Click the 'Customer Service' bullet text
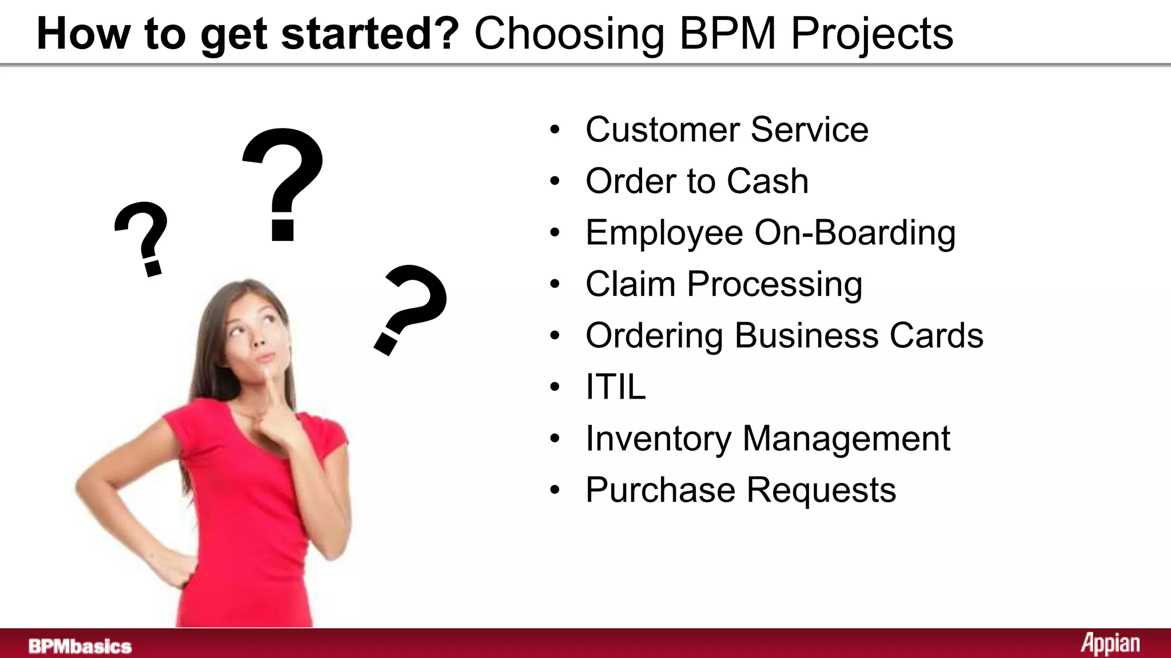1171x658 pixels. click(x=727, y=130)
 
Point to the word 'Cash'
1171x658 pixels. click(x=767, y=182)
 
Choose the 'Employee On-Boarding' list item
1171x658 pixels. click(x=770, y=233)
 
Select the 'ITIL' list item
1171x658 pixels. click(x=615, y=387)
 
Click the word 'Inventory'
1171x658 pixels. click(x=658, y=439)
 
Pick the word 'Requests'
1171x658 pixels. click(x=821, y=490)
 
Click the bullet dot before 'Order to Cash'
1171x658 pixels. click(x=555, y=182)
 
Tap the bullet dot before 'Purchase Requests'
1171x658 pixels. click(x=555, y=490)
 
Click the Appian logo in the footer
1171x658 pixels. click(x=1110, y=644)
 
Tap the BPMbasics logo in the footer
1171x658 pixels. click(x=80, y=647)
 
